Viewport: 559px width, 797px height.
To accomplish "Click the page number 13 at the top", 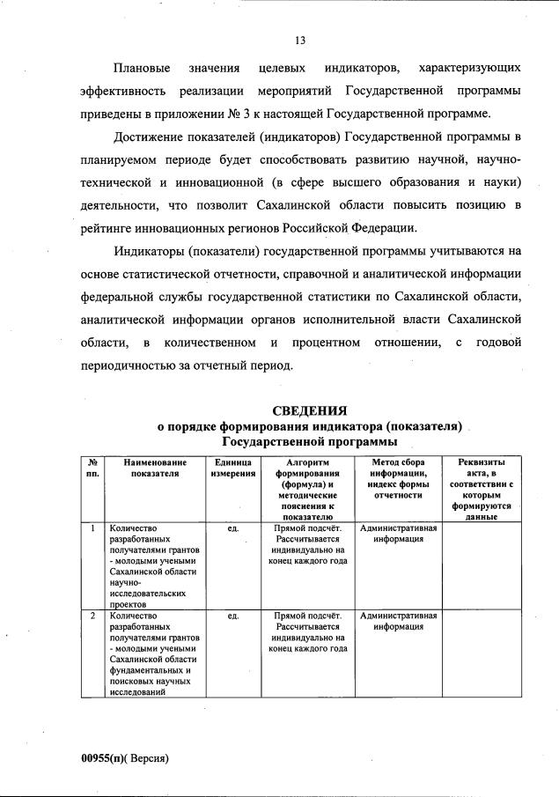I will click(x=299, y=38).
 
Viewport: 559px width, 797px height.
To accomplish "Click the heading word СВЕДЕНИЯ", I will click(x=309, y=410).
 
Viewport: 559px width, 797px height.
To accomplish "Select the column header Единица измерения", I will click(x=233, y=468).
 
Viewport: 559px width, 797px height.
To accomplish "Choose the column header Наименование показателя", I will click(x=155, y=468).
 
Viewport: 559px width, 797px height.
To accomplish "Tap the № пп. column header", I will click(x=92, y=468).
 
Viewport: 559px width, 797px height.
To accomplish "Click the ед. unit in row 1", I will click(x=233, y=528).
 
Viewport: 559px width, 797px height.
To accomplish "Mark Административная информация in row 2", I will click(x=399, y=621).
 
